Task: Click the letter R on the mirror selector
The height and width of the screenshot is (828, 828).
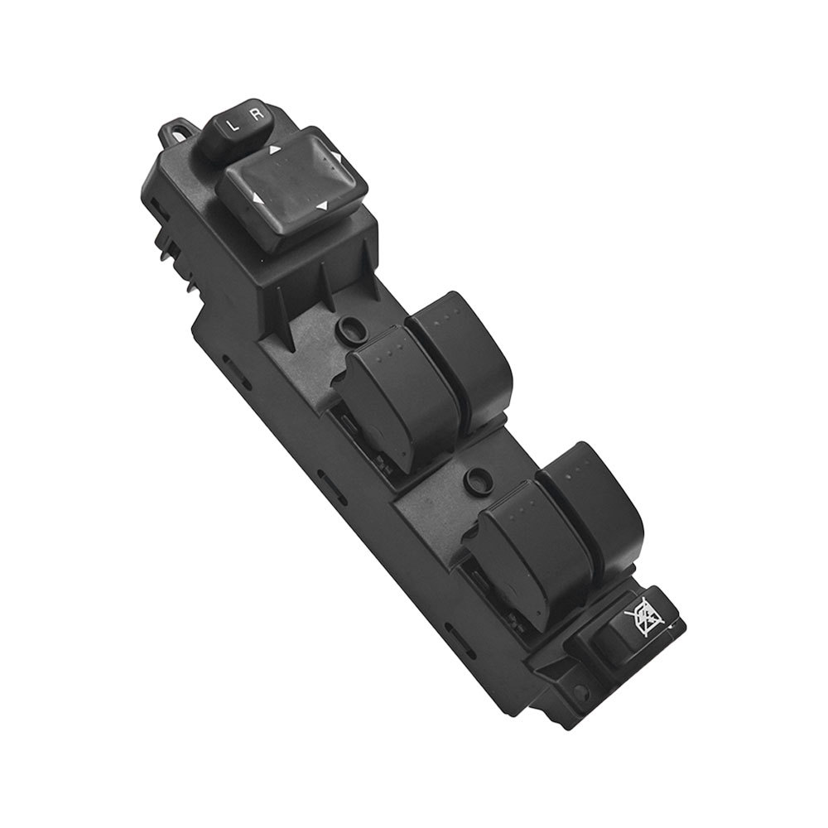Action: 256,114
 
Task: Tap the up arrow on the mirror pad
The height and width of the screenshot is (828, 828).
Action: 275,150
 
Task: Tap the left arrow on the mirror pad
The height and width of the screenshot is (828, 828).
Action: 258,199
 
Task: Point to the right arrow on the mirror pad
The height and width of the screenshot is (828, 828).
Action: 338,156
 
